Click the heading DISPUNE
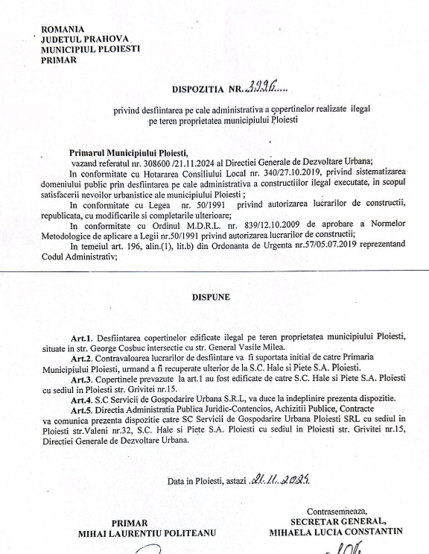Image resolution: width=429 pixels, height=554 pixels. (214, 296)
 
